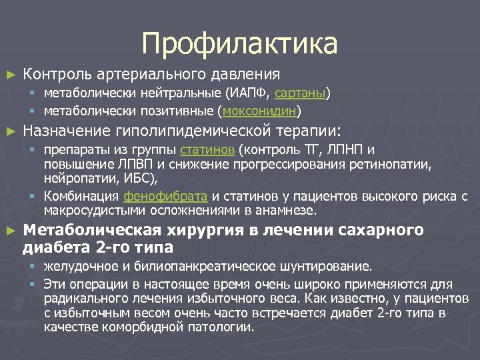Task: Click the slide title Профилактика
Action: (240, 44)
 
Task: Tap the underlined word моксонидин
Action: (261, 110)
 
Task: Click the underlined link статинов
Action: (207, 149)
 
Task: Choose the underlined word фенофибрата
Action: (165, 197)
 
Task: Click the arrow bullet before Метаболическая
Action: (9, 231)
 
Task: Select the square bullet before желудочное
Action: (31, 267)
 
